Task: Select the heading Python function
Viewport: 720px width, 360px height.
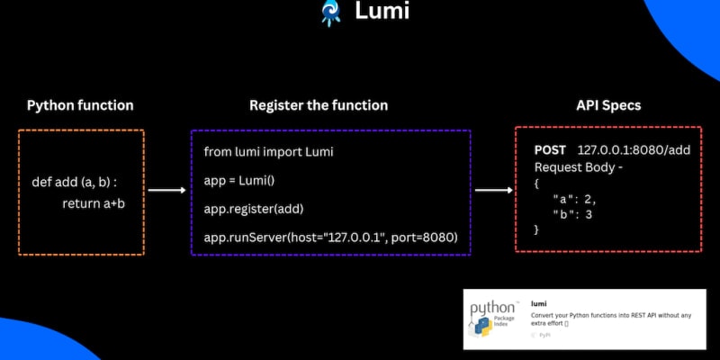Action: [80, 105]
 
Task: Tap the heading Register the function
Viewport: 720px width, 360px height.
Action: [319, 105]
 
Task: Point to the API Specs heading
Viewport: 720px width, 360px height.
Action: [608, 105]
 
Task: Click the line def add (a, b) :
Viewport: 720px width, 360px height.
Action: [75, 183]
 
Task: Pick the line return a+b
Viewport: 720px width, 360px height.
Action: [93, 203]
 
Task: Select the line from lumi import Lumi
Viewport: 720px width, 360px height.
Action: [269, 152]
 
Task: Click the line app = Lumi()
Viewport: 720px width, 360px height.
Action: [239, 181]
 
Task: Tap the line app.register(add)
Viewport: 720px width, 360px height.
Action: [254, 209]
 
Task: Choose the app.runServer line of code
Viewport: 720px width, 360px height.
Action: [331, 238]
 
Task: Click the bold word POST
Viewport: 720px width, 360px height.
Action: [550, 149]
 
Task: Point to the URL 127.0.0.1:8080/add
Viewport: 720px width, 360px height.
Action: [634, 149]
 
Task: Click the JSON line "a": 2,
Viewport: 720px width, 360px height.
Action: [574, 199]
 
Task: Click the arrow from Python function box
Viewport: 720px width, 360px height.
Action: [166, 191]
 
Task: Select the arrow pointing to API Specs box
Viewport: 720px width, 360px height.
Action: [492, 191]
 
